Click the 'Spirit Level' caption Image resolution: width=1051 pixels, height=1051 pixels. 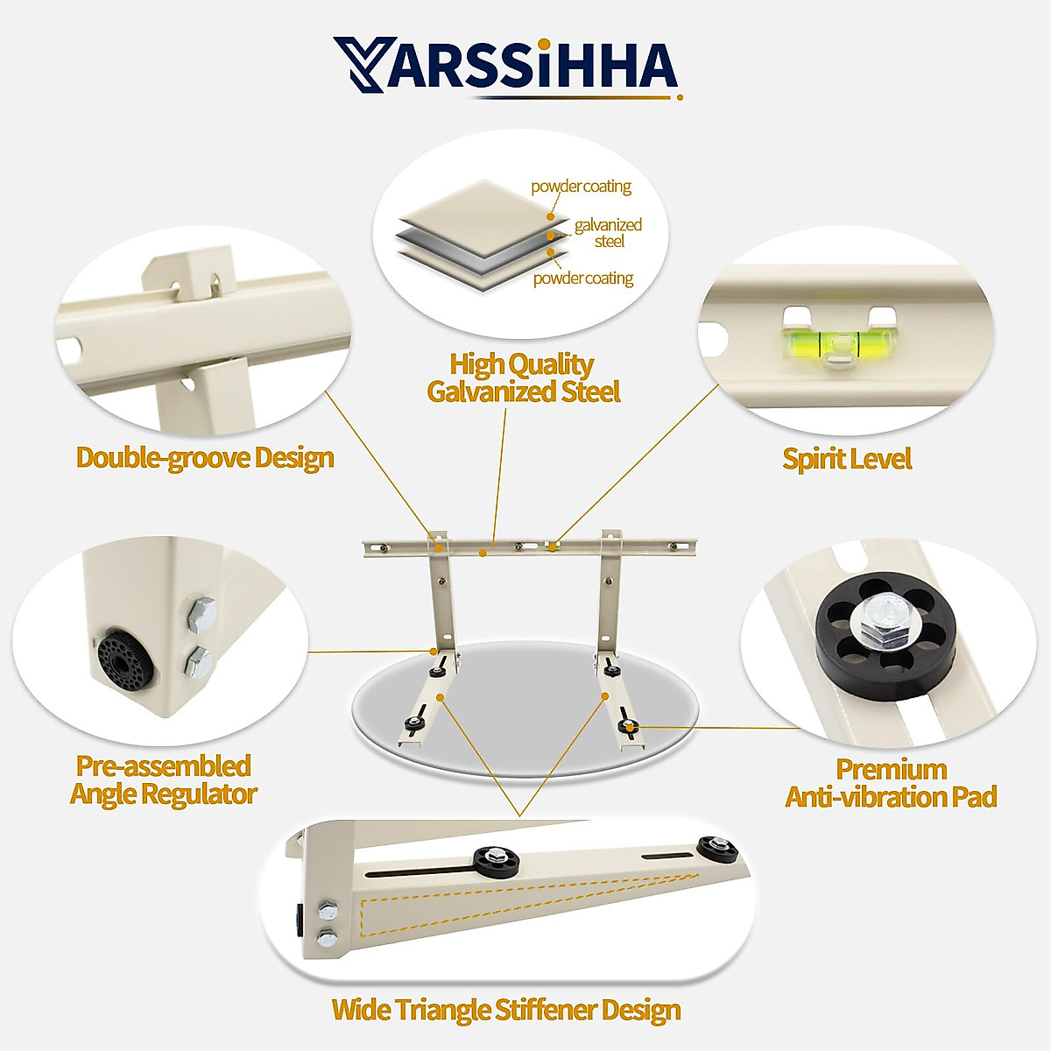click(847, 459)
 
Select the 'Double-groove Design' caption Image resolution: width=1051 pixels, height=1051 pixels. click(205, 457)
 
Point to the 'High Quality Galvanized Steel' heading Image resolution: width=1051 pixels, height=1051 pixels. click(523, 377)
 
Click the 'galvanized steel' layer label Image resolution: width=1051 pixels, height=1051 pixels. click(608, 233)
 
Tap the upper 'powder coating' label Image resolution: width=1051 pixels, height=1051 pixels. click(581, 187)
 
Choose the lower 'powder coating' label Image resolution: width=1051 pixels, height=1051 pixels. click(583, 279)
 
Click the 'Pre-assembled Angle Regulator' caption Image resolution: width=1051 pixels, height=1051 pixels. click(163, 779)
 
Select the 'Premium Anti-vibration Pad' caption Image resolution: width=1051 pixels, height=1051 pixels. click(891, 783)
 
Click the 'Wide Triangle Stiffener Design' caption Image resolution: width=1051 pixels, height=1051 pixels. click(506, 1010)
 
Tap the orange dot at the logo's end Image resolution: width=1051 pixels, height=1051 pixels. click(680, 96)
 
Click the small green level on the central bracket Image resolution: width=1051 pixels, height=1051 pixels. click(552, 547)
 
